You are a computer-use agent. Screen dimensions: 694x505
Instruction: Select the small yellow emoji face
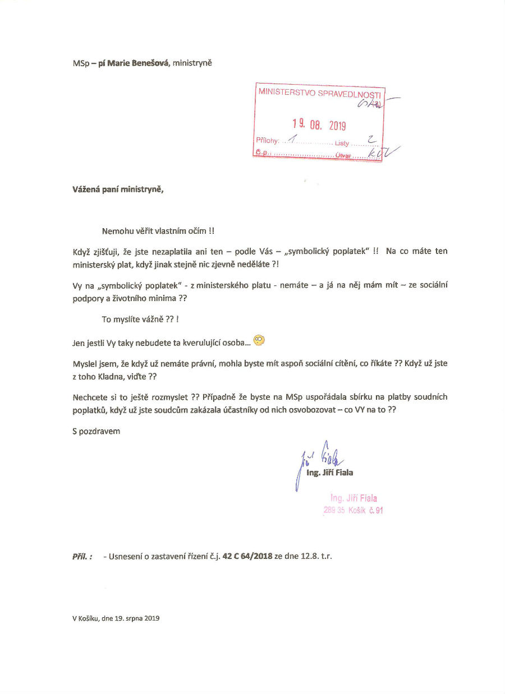point(259,339)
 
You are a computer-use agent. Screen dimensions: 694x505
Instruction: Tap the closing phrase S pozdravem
point(96,431)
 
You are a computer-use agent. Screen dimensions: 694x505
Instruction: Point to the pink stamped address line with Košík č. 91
point(353,511)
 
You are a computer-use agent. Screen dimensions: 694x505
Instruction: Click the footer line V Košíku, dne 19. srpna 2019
point(116,618)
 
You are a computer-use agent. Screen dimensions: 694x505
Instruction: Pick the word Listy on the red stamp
point(342,144)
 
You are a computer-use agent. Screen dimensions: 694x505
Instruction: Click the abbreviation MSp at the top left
point(80,63)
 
